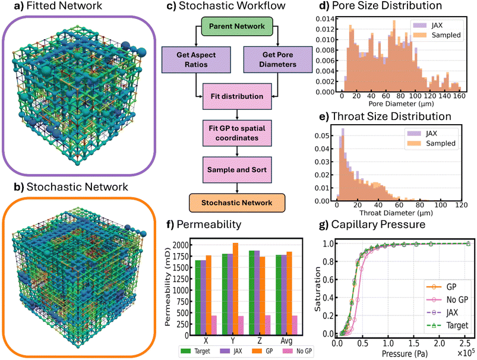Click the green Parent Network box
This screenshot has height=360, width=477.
tap(236, 27)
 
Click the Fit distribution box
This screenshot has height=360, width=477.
tap(236, 95)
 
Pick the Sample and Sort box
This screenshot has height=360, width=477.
tap(236, 169)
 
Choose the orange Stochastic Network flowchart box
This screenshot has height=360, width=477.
tap(236, 203)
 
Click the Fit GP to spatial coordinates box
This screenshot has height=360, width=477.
tap(236, 132)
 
